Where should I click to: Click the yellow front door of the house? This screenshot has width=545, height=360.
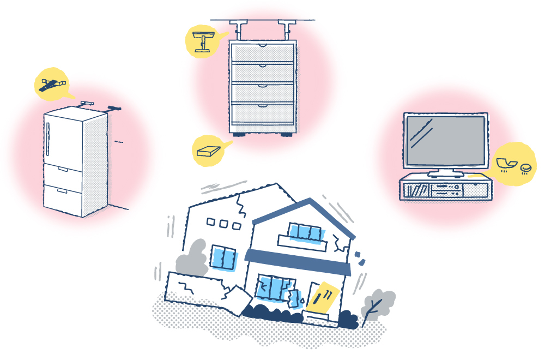coord(324,297)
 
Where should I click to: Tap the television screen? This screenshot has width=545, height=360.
coord(444,140)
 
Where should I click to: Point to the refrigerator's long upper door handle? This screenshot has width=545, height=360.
coord(49,139)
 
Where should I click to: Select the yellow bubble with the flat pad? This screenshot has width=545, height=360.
coord(210,150)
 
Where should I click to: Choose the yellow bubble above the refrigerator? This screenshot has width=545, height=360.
coord(51,84)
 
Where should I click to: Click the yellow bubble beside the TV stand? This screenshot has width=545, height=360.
coord(515,163)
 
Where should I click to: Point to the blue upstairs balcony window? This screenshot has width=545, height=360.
coord(307,232)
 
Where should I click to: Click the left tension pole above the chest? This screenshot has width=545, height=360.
coord(238,30)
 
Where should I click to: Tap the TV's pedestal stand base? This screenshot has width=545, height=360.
coord(445,174)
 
